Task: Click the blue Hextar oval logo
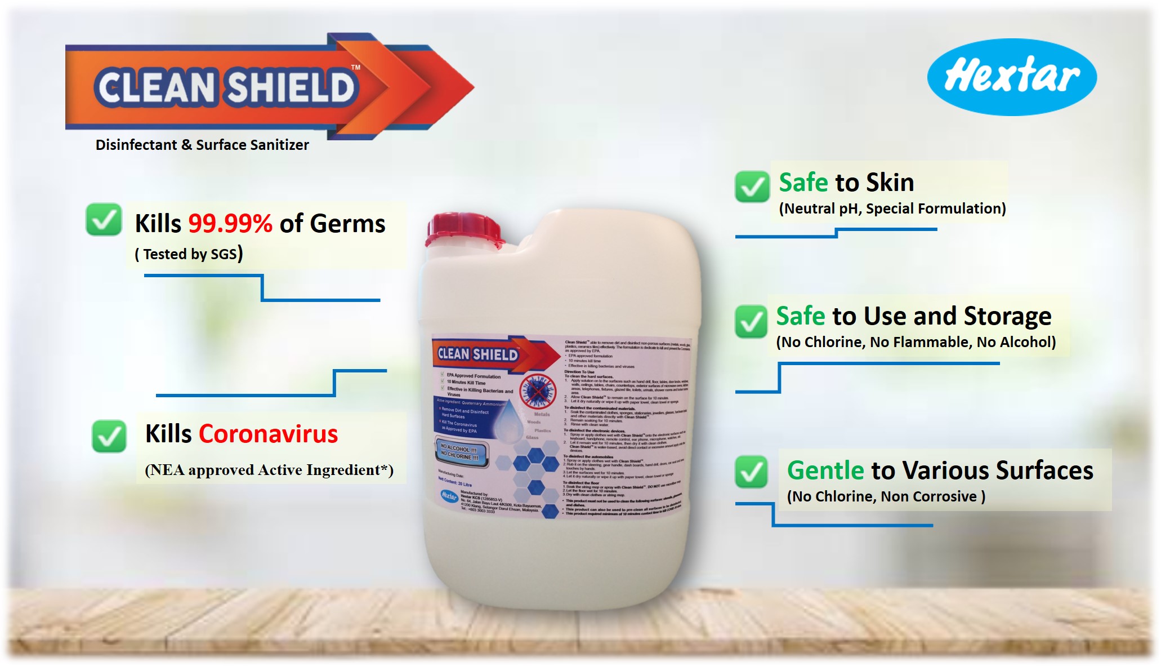1012,77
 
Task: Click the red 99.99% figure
230,224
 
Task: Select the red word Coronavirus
268,434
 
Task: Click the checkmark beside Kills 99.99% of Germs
104,220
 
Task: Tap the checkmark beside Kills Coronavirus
109,436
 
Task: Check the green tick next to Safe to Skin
752,187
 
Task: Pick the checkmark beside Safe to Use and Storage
751,321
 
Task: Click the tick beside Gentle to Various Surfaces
751,472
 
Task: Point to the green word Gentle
825,470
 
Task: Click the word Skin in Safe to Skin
890,183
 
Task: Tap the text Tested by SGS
189,254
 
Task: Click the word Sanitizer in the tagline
280,145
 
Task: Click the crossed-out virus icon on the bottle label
537,391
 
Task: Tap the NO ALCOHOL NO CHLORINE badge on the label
459,452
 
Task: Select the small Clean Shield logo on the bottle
479,354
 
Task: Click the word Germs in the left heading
347,224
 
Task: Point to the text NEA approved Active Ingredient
269,470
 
